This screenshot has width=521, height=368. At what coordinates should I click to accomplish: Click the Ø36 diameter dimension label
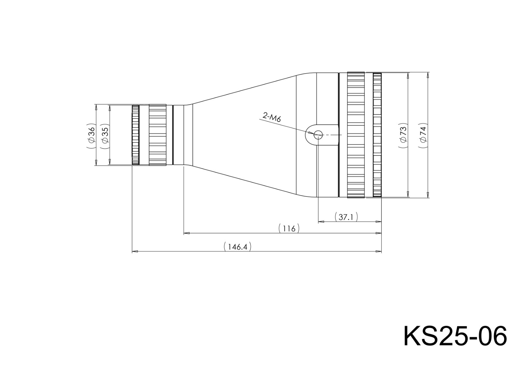(x=91, y=135)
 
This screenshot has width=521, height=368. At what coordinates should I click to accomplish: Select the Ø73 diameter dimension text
(x=403, y=135)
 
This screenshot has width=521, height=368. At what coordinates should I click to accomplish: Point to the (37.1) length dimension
(x=346, y=217)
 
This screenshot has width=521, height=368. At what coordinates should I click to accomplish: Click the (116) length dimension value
(x=289, y=228)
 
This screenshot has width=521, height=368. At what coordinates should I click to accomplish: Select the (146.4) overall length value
(x=237, y=247)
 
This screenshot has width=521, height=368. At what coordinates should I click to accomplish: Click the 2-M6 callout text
(x=272, y=117)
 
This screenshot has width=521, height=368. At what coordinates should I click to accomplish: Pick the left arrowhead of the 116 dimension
(x=187, y=233)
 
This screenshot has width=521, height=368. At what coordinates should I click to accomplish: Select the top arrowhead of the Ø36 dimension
(x=96, y=107)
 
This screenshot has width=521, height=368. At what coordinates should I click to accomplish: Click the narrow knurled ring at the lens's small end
(x=135, y=135)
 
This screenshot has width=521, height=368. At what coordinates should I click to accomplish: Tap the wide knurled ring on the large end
(x=356, y=135)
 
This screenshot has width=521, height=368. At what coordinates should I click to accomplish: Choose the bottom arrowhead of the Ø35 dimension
(x=110, y=162)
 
